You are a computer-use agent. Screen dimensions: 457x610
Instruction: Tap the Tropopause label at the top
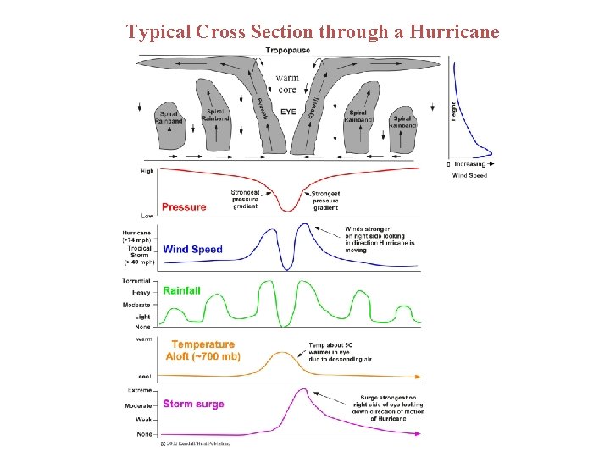click(x=288, y=51)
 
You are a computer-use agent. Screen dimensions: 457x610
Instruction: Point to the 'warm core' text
click(x=288, y=84)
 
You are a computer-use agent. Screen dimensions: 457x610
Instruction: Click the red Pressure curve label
click(x=184, y=206)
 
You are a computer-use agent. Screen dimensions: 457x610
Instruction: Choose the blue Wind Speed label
click(x=193, y=249)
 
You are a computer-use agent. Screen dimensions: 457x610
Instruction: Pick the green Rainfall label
click(x=182, y=290)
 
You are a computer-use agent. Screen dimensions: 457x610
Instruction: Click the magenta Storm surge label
click(x=194, y=404)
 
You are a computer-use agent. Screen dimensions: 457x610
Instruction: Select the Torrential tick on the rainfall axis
click(x=136, y=280)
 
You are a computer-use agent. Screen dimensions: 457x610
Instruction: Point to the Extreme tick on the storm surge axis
click(x=139, y=390)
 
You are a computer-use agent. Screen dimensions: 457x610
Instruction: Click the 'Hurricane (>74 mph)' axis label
click(x=137, y=236)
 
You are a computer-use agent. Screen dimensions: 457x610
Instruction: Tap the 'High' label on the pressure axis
click(x=147, y=171)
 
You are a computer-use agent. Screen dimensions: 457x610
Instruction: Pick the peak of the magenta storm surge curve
click(x=302, y=389)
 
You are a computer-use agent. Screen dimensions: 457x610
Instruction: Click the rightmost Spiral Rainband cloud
click(x=403, y=131)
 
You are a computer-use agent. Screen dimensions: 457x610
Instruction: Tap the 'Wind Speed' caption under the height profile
click(x=469, y=175)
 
